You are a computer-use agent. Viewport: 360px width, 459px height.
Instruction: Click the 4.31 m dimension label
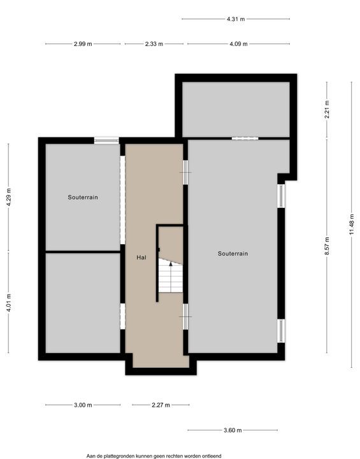pyautogui.click(x=236, y=19)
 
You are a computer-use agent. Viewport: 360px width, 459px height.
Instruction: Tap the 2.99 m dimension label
pyautogui.click(x=83, y=44)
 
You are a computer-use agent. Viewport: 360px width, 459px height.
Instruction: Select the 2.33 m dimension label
pyautogui.click(x=154, y=44)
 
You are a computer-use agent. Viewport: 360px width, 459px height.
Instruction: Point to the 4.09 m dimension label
pyautogui.click(x=238, y=44)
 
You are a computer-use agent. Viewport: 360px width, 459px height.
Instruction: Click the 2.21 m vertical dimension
pyautogui.click(x=327, y=109)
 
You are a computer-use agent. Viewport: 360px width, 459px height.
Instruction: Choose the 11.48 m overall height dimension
pyautogui.click(x=352, y=224)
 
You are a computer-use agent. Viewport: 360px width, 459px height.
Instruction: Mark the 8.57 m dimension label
pyautogui.click(x=327, y=246)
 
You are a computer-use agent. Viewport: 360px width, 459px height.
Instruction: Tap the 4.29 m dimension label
pyautogui.click(x=8, y=197)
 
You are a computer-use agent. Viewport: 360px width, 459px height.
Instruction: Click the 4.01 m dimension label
pyautogui.click(x=8, y=303)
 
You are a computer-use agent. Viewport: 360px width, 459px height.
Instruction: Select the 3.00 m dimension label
pyautogui.click(x=83, y=405)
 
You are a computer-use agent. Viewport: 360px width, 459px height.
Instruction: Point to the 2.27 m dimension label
pyautogui.click(x=161, y=405)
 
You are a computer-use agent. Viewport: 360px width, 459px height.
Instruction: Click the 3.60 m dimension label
pyautogui.click(x=233, y=430)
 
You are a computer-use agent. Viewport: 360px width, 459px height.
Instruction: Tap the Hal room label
pyautogui.click(x=141, y=258)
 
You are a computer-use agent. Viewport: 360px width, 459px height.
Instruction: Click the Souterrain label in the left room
pyautogui.click(x=83, y=197)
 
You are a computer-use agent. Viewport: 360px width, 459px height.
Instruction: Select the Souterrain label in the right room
pyautogui.click(x=233, y=254)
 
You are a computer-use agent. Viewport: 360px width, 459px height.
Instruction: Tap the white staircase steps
pyautogui.click(x=171, y=276)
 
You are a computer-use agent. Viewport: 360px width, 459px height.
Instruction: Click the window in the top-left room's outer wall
pyautogui.click(x=106, y=140)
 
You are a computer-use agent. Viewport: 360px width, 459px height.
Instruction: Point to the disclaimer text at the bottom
pyautogui.click(x=154, y=456)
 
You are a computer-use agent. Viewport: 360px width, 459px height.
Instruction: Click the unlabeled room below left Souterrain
pyautogui.click(x=83, y=303)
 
